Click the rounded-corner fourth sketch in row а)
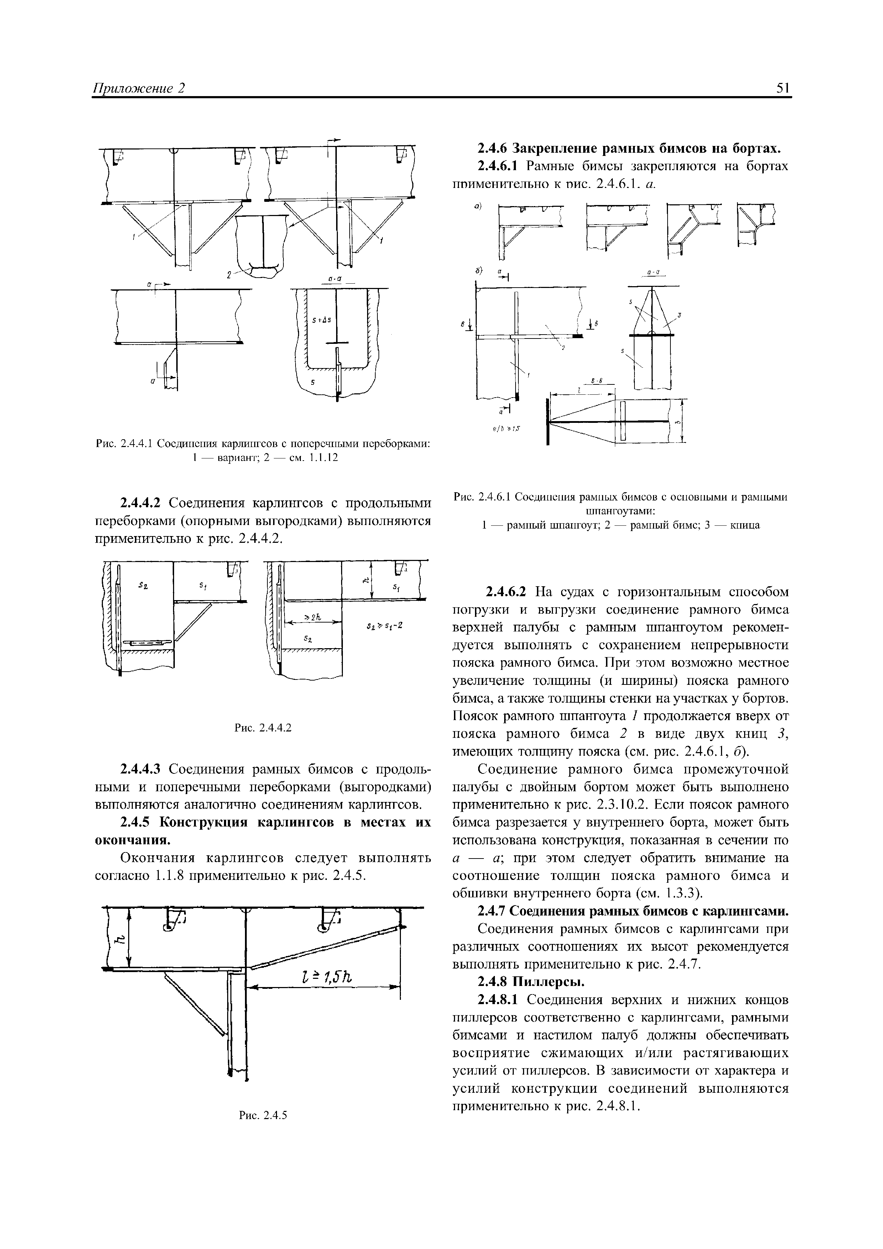point(755,224)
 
